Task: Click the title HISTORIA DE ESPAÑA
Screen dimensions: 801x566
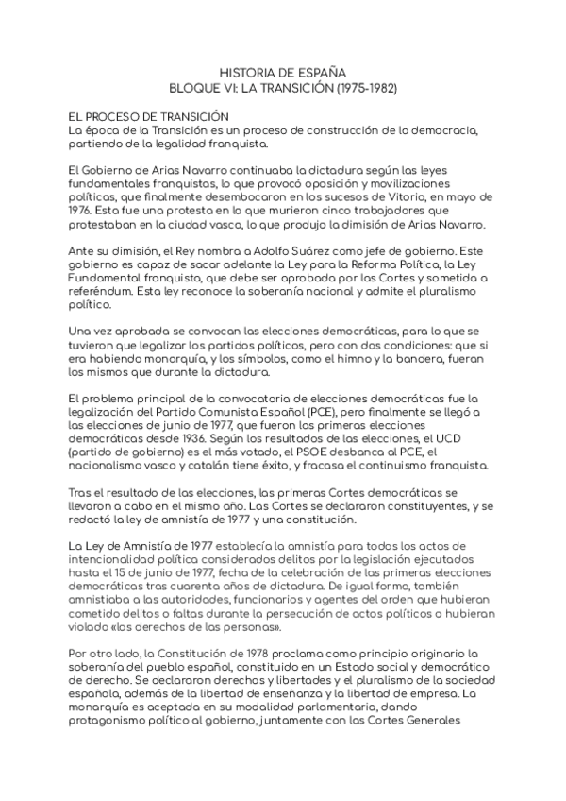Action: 282,72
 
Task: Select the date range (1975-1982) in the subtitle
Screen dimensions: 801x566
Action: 358,88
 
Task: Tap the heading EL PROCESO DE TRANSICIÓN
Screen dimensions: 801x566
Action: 143,115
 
